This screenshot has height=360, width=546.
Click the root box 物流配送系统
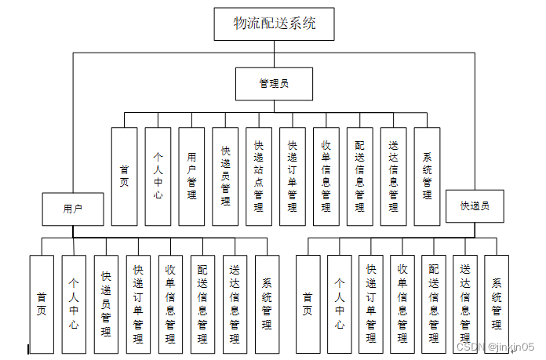pos(274,24)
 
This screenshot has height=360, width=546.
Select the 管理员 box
pos(274,82)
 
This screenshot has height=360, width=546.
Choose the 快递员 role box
pos(475,206)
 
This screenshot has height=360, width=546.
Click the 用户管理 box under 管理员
pos(191,176)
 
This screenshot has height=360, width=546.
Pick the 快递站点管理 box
pos(259,176)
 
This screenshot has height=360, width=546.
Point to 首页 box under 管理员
pos(124,176)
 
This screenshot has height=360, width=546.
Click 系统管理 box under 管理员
pos(427,176)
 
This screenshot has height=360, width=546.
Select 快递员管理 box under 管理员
pos(225,176)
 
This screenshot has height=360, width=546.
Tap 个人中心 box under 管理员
pos(158,176)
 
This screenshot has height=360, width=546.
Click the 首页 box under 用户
pos(42,304)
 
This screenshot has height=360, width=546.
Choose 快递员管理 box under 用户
pos(106,304)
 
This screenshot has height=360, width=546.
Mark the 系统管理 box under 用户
pos(267,304)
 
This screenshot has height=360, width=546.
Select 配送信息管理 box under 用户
pos(202,304)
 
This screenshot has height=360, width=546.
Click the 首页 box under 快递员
pos(308,304)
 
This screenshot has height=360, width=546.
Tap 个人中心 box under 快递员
pos(340,304)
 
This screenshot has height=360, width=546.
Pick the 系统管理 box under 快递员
pos(497,304)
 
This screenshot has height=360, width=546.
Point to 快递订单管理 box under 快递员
pos(371,304)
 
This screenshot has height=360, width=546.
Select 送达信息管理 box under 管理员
pos(393,176)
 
